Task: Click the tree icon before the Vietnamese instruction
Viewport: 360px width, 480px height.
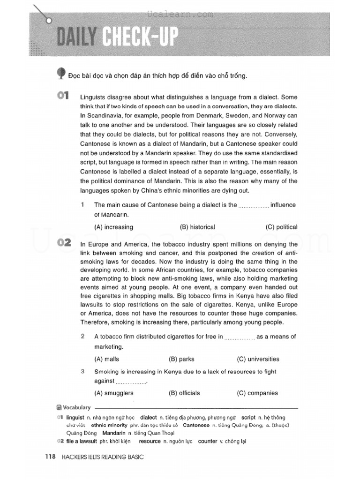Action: pos(61,73)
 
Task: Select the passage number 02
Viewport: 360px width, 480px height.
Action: pos(63,243)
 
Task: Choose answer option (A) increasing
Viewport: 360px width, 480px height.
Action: pos(113,227)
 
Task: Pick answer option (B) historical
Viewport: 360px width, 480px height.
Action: pos(197,227)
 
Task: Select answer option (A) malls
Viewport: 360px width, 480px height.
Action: pos(106,359)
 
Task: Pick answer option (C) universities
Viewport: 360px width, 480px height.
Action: pos(258,359)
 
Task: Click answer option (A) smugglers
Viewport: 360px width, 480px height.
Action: pos(114,393)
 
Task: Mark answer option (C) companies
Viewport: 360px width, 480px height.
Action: pos(257,393)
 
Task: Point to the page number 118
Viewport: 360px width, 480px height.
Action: pos(50,457)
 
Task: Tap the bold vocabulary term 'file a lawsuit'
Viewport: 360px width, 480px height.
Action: pos(82,441)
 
